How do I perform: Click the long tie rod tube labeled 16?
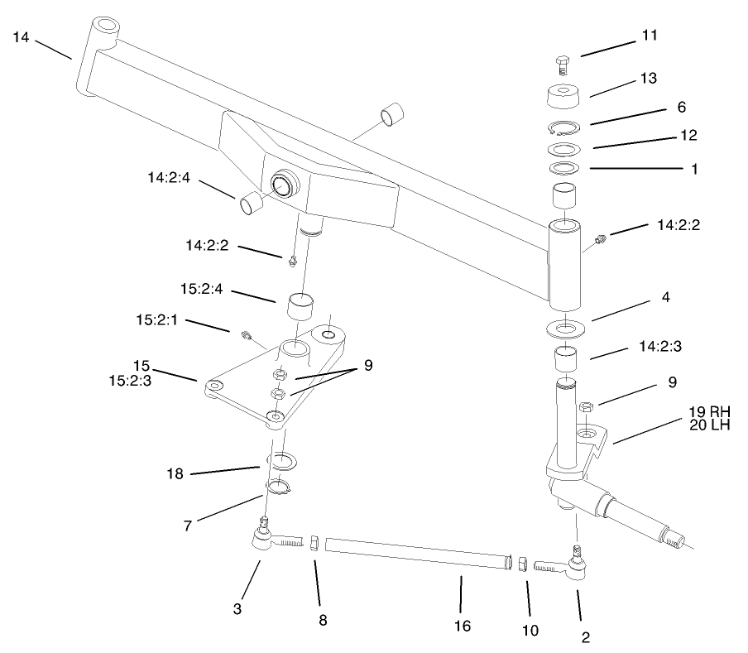click(x=414, y=555)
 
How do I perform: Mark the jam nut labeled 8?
click(x=314, y=543)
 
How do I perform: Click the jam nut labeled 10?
click(x=523, y=564)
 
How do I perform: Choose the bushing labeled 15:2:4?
click(x=301, y=306)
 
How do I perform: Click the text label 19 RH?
click(x=709, y=411)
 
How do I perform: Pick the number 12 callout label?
click(x=688, y=134)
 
